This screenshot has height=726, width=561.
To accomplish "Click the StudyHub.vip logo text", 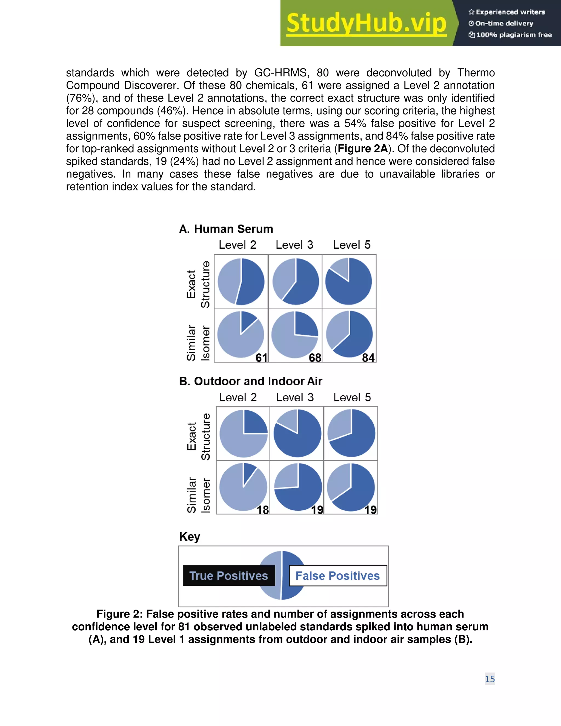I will [x=366, y=23].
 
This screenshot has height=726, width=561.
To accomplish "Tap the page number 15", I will [x=490, y=679].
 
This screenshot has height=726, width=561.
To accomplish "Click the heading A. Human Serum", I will [x=226, y=229].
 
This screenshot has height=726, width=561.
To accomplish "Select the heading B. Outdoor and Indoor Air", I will [x=251, y=381].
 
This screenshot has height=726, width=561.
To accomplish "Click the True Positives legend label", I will [x=229, y=576].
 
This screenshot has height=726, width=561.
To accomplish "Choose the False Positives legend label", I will [x=338, y=576].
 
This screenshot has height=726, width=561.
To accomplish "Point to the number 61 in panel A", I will [x=261, y=358].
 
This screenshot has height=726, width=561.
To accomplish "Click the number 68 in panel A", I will [x=315, y=358].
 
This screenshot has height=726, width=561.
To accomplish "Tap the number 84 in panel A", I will [x=368, y=358].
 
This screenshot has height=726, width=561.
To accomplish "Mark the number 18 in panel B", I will [x=262, y=510].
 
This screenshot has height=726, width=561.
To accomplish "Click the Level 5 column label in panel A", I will [x=352, y=245].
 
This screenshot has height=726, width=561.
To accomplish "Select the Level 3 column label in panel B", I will [x=295, y=398].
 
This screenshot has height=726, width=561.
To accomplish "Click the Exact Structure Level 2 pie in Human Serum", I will [x=241, y=282].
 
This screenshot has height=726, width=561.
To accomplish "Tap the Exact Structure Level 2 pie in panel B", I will [x=244, y=433].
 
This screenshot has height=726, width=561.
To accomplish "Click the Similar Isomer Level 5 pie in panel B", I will [x=351, y=487].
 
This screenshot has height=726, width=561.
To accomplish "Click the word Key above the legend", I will [x=190, y=536].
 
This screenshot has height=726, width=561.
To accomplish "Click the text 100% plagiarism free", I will [x=514, y=35].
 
